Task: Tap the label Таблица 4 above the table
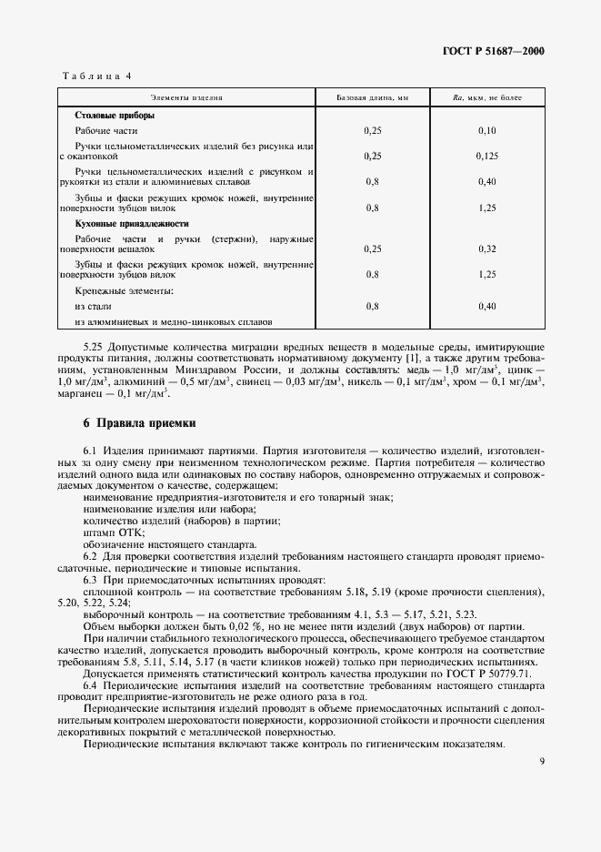pos(95,76)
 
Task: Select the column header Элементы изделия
pos(186,96)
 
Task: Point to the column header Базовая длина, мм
pos(373,96)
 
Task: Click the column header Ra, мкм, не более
pos(486,96)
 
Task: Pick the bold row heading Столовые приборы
pos(115,116)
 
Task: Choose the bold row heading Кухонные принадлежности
pos(132,223)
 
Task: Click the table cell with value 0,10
pos(486,131)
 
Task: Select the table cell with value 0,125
pos(486,156)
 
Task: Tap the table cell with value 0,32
pos(486,248)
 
